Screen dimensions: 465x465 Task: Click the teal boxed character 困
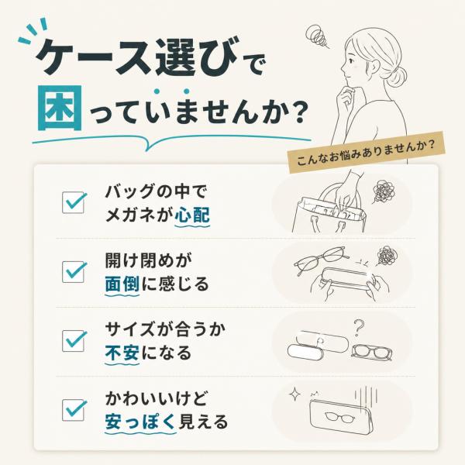click(x=60, y=108)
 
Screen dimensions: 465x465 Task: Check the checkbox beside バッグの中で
click(x=74, y=202)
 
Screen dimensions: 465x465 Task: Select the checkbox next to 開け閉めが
click(x=74, y=272)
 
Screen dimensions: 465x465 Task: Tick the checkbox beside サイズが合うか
click(x=74, y=341)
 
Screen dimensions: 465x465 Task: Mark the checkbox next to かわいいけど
click(x=74, y=410)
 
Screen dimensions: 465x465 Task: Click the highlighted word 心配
click(x=192, y=215)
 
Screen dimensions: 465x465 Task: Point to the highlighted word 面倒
click(x=122, y=284)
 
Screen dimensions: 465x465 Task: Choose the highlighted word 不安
click(x=122, y=353)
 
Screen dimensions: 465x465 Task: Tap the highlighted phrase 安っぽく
click(x=140, y=422)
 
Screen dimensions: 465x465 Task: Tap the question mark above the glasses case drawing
click(x=358, y=327)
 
